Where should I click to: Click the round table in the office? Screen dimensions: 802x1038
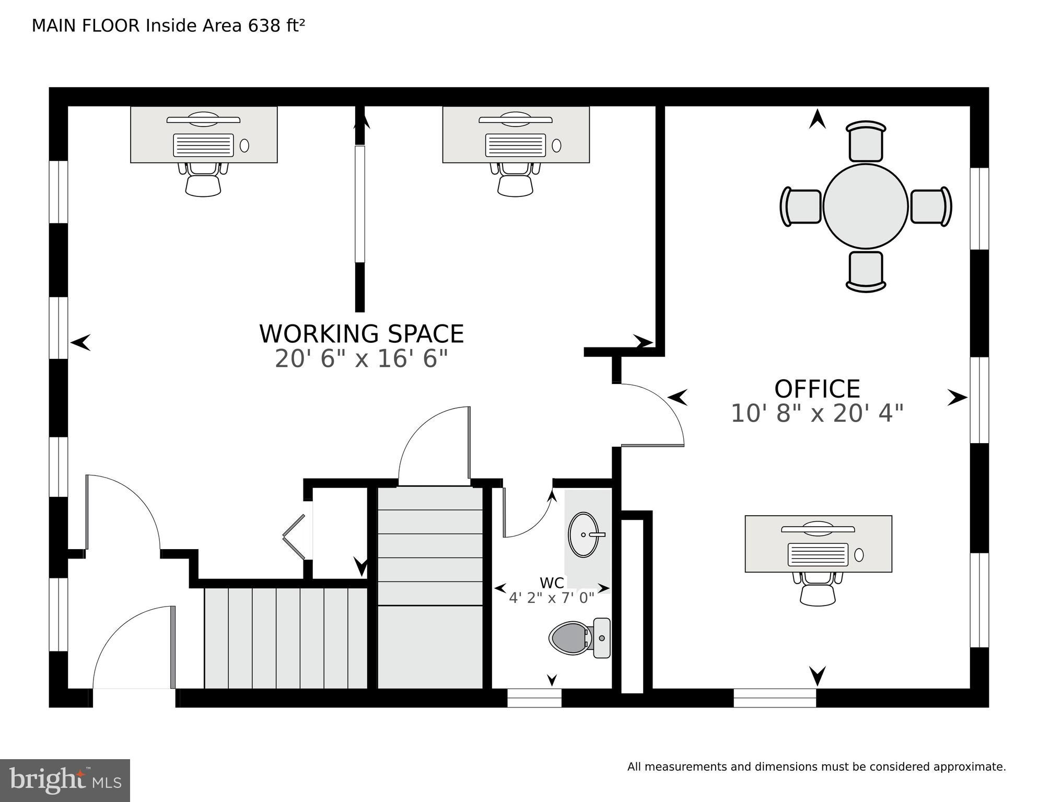[865, 206]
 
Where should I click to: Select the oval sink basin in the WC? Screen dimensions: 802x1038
[583, 534]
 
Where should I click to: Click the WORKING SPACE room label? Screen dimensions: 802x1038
[361, 334]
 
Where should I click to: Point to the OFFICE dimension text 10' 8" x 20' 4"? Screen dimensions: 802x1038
[817, 413]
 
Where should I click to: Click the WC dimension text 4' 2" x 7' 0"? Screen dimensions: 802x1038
[552, 598]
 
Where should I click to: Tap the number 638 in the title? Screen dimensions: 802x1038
[264, 26]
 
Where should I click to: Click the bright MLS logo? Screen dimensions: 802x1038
[65, 781]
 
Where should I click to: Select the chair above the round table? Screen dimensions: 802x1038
[866, 141]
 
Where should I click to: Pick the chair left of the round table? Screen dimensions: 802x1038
[801, 206]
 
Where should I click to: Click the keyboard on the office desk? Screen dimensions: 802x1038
[818, 554]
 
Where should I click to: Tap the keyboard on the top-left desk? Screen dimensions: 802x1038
[203, 145]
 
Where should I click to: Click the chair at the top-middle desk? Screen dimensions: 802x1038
[515, 180]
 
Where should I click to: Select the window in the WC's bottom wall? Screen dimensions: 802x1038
[534, 698]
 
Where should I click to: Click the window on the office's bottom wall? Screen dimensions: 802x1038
[775, 698]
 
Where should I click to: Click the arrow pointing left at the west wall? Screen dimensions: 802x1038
[80, 343]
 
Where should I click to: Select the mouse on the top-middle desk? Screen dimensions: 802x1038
[556, 145]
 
